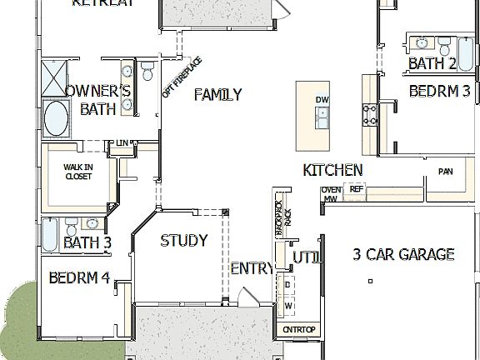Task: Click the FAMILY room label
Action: point(217,94)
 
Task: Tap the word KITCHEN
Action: point(332,170)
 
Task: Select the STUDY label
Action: point(183,241)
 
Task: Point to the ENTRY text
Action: point(251,268)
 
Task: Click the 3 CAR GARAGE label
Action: point(402,254)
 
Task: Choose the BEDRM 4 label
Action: point(79,277)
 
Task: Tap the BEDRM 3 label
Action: point(439,92)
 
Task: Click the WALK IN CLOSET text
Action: point(78,172)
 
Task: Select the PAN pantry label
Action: point(445,172)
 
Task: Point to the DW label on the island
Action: point(322,100)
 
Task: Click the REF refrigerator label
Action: point(356,189)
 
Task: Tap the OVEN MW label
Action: point(332,194)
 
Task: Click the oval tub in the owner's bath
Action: point(57,118)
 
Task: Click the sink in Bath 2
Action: point(422,42)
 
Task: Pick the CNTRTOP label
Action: point(298,330)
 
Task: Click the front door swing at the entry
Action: point(245,298)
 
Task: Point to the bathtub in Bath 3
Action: point(50,227)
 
